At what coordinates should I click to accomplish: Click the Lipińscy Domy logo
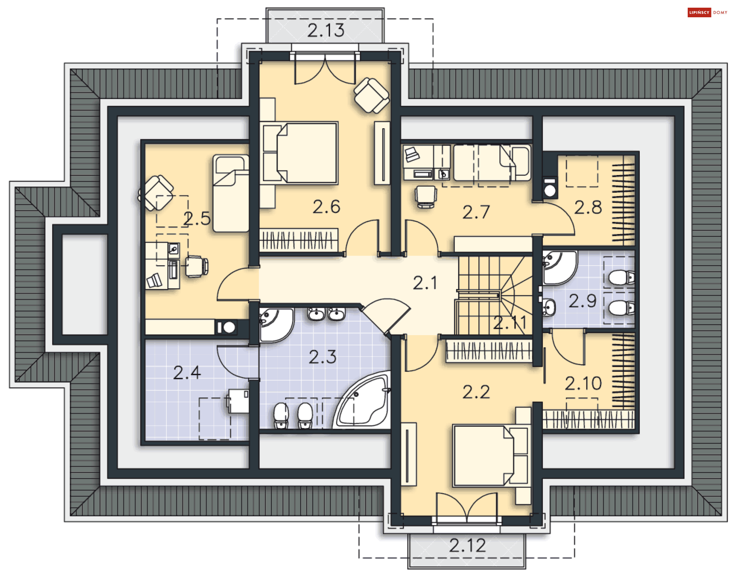pyautogui.click(x=707, y=12)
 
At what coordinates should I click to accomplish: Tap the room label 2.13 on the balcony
pyautogui.click(x=325, y=30)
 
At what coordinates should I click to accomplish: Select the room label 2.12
pyautogui.click(x=467, y=545)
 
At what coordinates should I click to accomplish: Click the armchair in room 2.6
pyautogui.click(x=371, y=95)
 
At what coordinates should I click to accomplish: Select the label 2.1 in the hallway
pyautogui.click(x=425, y=283)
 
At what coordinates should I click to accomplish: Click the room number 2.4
pyautogui.click(x=187, y=373)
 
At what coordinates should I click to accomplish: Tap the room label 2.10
pyautogui.click(x=583, y=383)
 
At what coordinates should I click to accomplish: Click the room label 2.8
pyautogui.click(x=588, y=208)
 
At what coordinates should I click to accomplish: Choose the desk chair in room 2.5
pyautogui.click(x=197, y=266)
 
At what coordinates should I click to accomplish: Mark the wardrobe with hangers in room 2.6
pyautogui.click(x=299, y=240)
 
